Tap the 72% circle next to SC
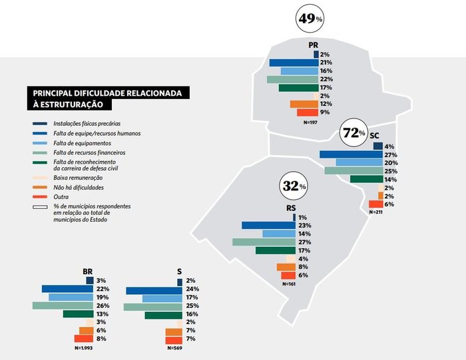(353, 133)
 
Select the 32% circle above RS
(294, 187)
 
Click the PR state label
(314, 45)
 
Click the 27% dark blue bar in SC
(346, 154)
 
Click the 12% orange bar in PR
(304, 104)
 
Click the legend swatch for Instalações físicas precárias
(38, 124)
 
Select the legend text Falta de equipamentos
(81, 143)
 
